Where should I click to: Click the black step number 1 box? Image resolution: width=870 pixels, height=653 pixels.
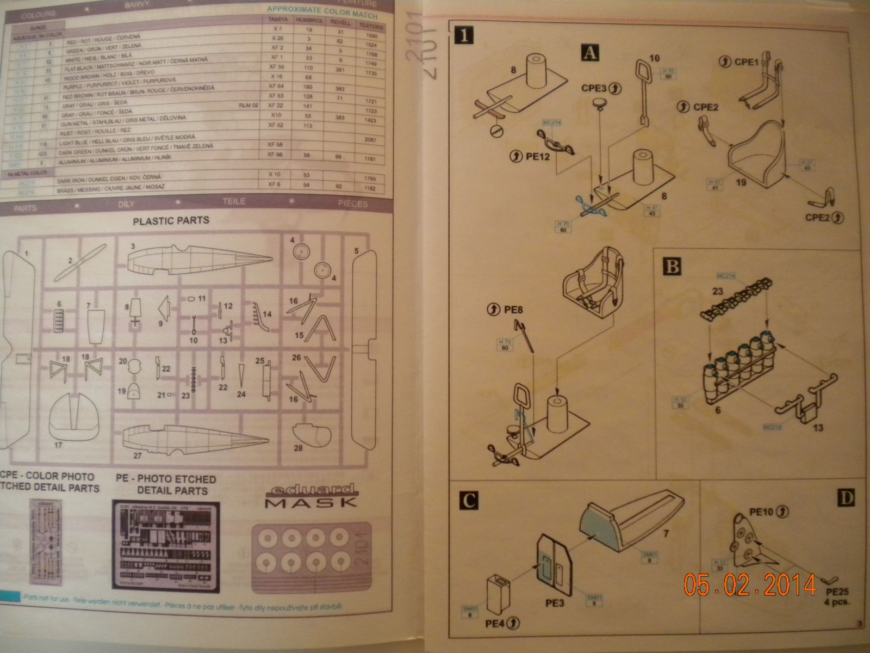click(463, 36)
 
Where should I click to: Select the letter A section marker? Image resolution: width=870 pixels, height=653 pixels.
click(591, 53)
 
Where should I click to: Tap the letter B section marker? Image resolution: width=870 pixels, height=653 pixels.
click(672, 267)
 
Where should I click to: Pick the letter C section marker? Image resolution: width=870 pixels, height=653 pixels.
click(469, 501)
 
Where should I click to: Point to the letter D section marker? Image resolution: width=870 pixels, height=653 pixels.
click(847, 497)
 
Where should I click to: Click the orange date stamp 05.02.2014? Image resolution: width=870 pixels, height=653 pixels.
click(750, 585)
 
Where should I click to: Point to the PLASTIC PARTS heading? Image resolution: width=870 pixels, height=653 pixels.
click(171, 221)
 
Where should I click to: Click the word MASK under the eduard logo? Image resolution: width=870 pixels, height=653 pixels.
click(311, 502)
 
